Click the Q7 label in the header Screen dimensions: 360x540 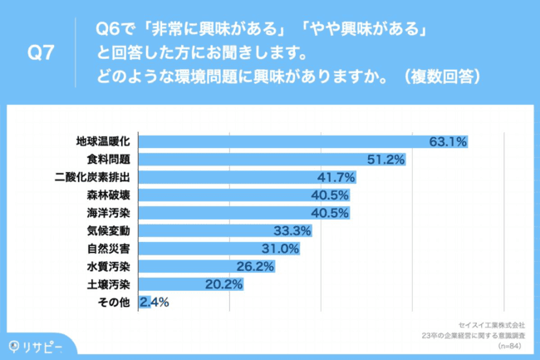coord(41,54)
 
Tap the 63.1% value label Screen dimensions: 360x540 coord(448,141)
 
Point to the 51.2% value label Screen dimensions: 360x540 coord(385,159)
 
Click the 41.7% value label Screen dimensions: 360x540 coord(337,177)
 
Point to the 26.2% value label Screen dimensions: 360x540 coord(256,267)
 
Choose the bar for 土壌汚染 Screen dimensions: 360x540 coord(191,284)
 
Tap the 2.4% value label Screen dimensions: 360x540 coord(155,303)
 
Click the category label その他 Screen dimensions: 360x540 coord(114,303)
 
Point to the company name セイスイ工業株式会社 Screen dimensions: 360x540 coord(491,325)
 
